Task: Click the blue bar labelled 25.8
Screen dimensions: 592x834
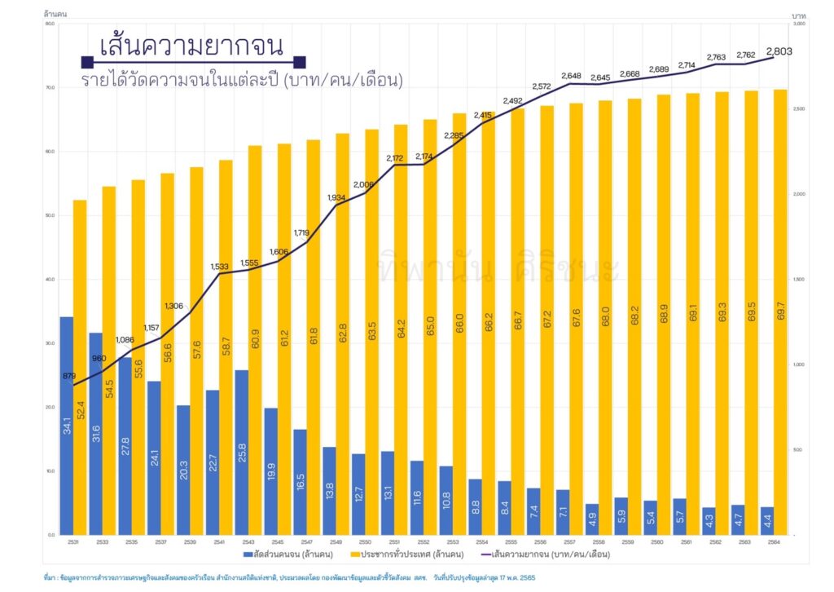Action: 241,452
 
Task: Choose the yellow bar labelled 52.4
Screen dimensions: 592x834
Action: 79,367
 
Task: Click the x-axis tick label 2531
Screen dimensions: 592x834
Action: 72,541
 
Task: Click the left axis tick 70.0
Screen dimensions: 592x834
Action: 50,87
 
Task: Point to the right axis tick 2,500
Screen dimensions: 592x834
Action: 800,109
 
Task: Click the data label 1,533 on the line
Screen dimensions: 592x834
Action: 219,267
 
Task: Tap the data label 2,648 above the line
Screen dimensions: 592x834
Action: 570,76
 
